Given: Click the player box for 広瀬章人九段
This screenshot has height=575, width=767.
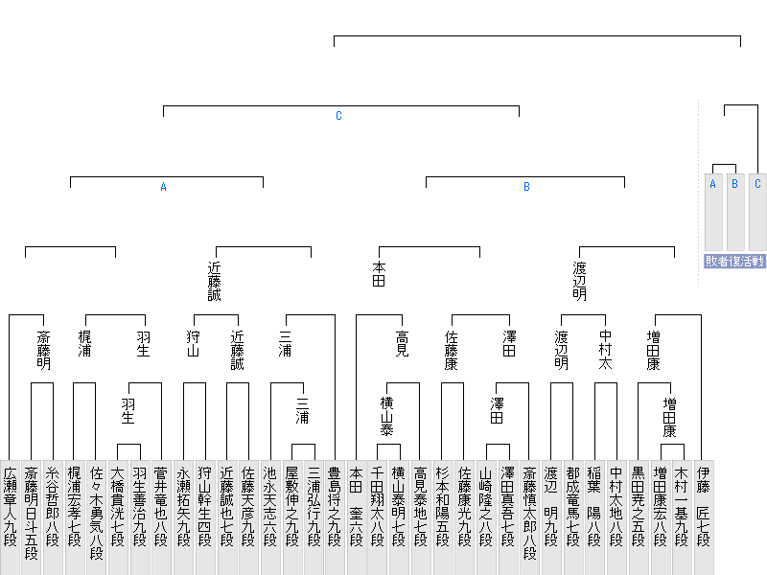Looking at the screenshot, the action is pos(10,517).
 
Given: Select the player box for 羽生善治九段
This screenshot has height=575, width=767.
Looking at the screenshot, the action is pos(139,517).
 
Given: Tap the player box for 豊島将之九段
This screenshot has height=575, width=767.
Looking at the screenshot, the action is pos(334,517).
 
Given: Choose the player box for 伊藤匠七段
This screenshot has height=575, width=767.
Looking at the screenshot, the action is pos(703,517).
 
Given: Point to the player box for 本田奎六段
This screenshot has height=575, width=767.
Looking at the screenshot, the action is pos(356,517).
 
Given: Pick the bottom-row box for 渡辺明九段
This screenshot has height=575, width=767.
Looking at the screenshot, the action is pos(550,517).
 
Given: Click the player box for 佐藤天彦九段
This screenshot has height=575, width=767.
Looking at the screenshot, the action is pos(248,517).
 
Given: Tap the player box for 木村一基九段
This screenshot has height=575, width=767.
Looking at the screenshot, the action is pos(682,517).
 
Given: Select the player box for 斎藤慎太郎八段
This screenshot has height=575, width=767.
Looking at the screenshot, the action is pos(529,517).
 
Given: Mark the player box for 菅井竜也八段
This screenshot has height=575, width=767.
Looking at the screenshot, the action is pos(161,517).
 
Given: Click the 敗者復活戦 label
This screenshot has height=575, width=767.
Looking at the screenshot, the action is pos(734,261).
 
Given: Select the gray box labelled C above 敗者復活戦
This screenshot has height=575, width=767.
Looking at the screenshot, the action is pos(757,212).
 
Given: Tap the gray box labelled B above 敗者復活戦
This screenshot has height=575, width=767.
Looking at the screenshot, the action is pos(735,212).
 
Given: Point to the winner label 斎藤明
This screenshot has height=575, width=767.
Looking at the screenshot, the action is pos(43,350).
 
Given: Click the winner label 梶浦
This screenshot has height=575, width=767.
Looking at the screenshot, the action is pos(84,343).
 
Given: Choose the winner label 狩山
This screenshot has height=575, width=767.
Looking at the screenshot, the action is pos(194,343).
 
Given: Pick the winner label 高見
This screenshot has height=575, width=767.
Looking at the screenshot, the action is pos(402,343).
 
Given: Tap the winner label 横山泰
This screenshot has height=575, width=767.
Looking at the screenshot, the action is pos(387,416).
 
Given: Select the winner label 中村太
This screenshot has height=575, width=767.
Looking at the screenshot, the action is pos(605,350).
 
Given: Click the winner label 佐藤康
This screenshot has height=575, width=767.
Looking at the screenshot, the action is pos(451,350).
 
